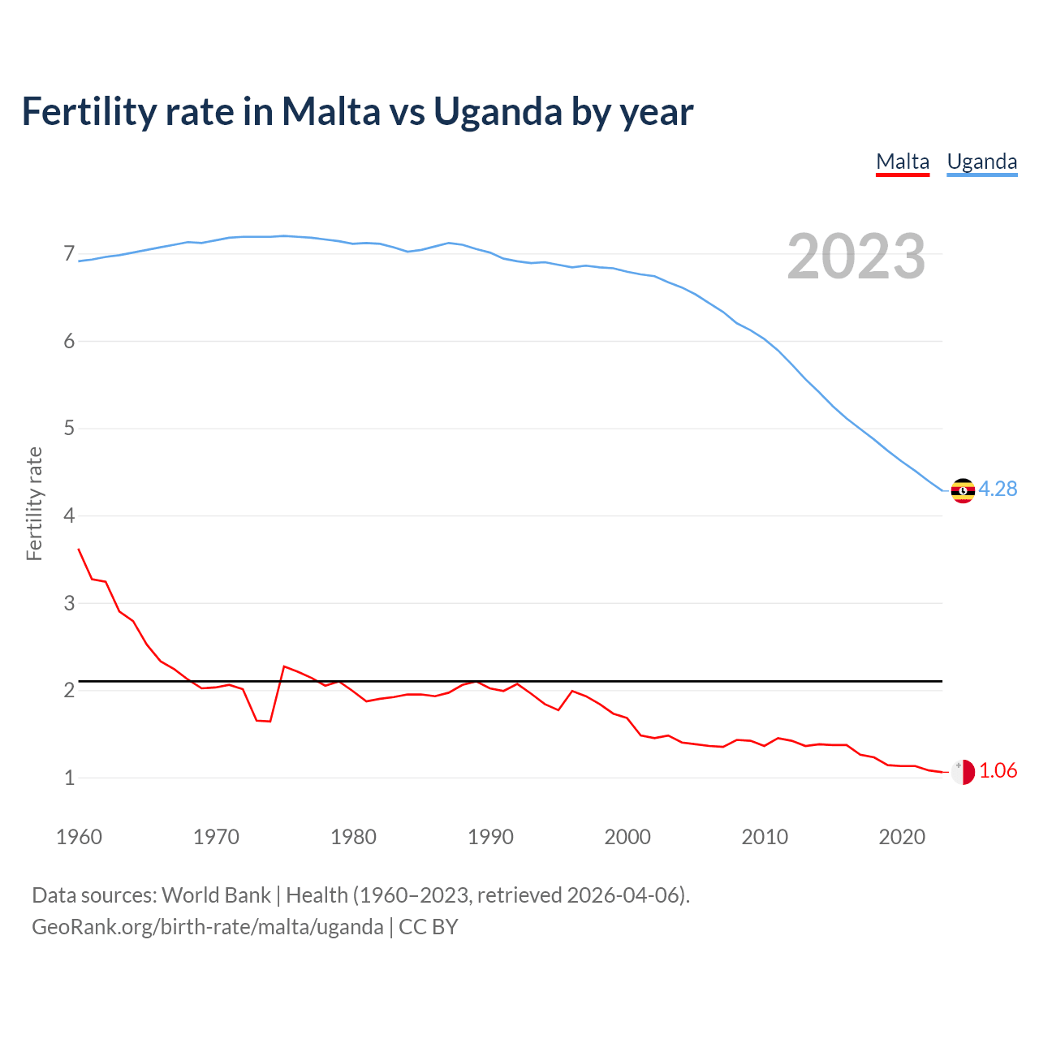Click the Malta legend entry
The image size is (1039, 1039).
pos(903,162)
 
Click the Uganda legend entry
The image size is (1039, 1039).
pos(982,162)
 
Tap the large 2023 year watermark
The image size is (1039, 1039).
pos(856,257)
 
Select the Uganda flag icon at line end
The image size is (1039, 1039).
pos(963,490)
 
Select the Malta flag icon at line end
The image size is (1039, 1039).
pos(963,772)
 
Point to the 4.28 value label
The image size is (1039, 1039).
pos(998,489)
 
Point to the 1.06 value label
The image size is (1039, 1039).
pos(998,770)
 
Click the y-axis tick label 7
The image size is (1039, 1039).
pos(69,254)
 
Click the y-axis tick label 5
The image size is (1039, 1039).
pos(69,429)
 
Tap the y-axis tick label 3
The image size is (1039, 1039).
pos(69,603)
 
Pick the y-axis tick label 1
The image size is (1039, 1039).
pos(69,778)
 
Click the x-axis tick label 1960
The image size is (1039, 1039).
pos(79,837)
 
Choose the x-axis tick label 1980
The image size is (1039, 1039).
pos(353,837)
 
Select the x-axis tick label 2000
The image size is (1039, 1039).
pos(627,837)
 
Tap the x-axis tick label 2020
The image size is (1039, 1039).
pos(902,837)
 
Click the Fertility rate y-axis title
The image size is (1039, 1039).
pos(34,503)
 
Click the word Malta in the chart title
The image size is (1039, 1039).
pos(330,111)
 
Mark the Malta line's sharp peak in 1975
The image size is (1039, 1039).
pos(284,666)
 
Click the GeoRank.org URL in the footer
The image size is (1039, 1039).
pos(207,927)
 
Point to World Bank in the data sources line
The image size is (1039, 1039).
pos(216,895)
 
